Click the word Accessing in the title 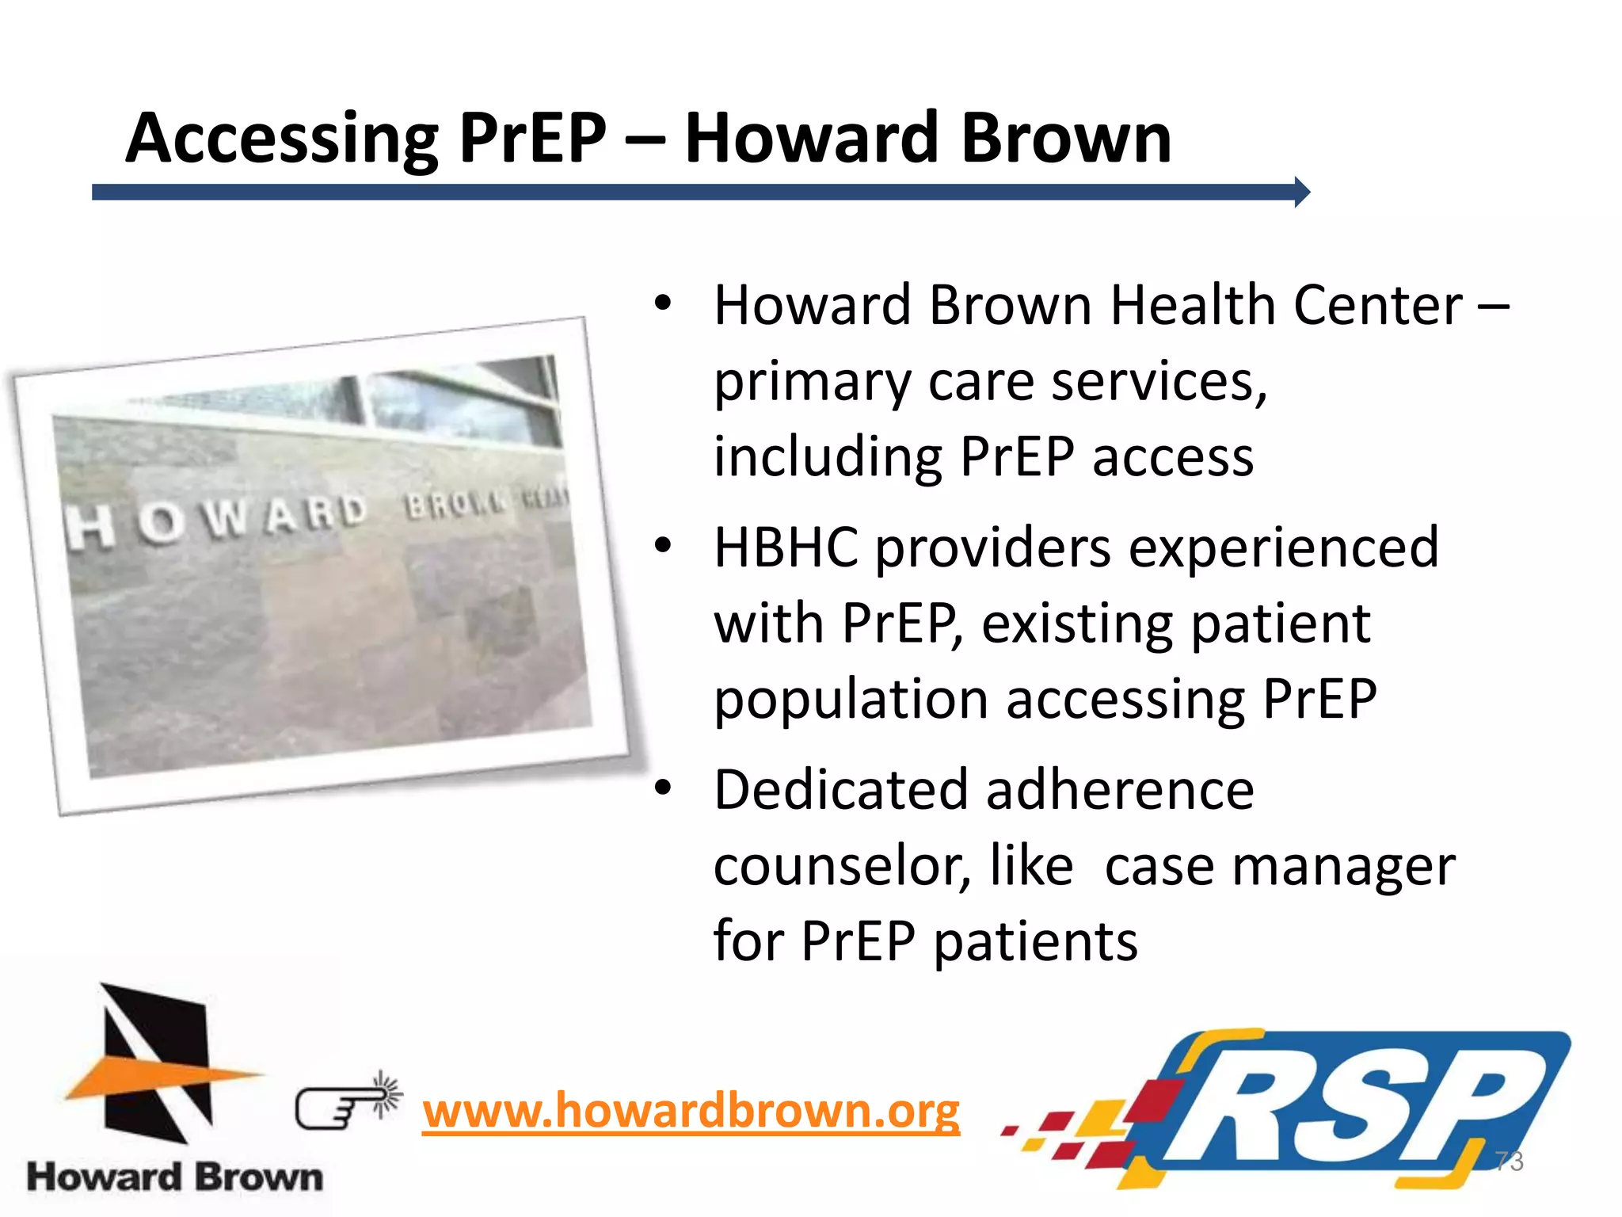[x=281, y=139]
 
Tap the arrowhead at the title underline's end [x=1301, y=192]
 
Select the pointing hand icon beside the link [x=347, y=1102]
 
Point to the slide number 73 [x=1509, y=1162]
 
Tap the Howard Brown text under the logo [x=175, y=1177]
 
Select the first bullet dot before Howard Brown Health [x=663, y=303]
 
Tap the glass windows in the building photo [x=444, y=404]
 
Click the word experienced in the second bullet [x=1283, y=547]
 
